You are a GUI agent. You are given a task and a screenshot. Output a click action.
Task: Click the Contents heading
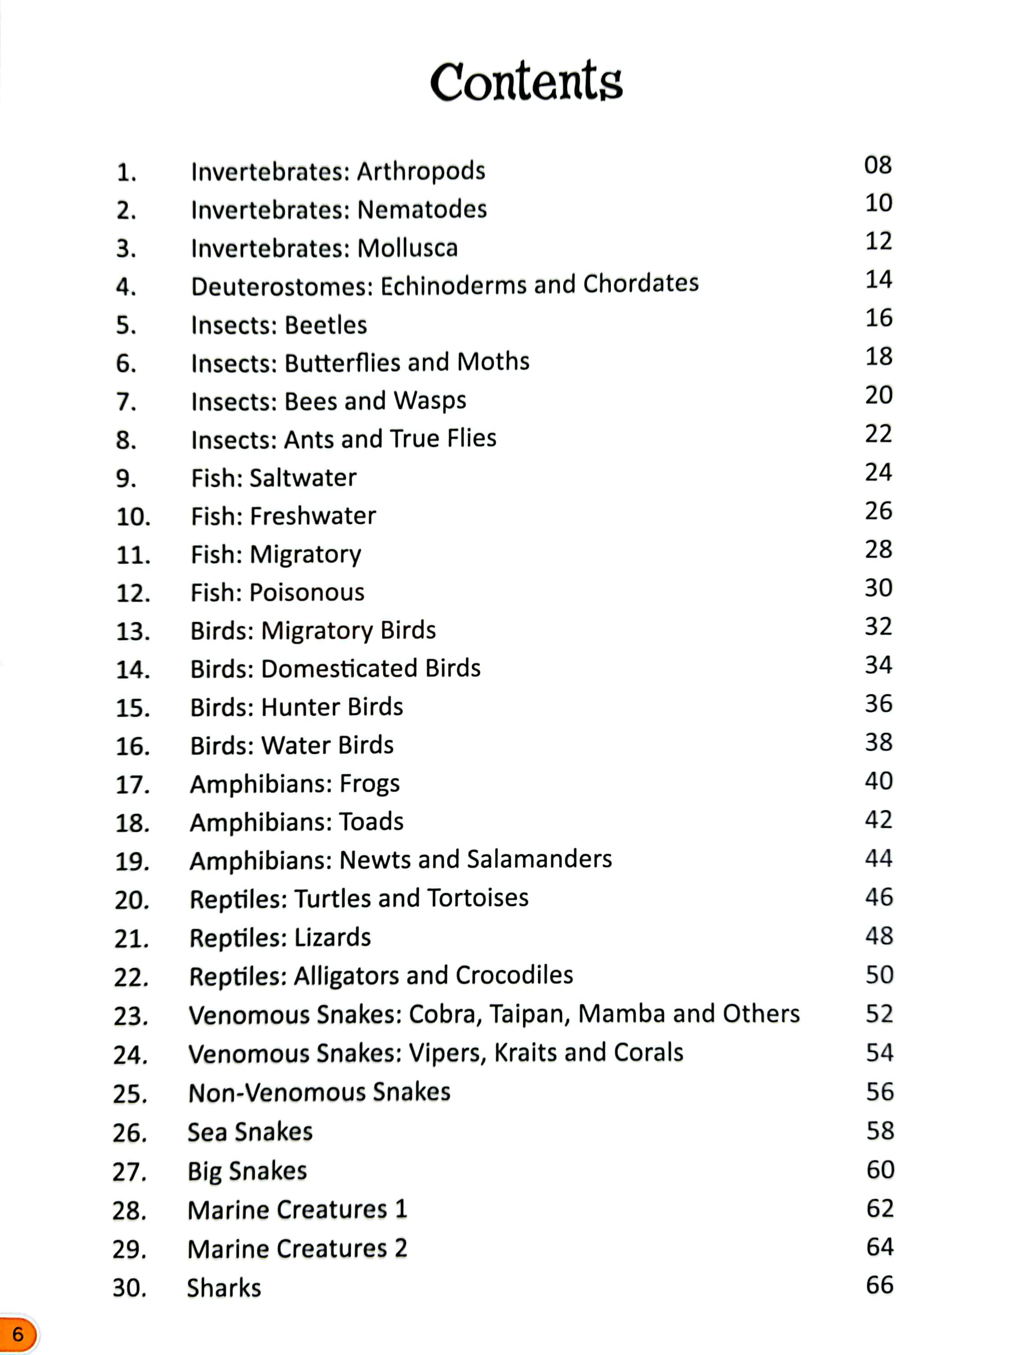point(526,81)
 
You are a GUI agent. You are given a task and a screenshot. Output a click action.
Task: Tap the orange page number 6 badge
point(19,1334)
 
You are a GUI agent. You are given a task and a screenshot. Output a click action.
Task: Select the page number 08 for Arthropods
point(878,165)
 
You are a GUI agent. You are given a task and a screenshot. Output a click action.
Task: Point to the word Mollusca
point(407,248)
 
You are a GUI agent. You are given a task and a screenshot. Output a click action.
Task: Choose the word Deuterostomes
point(282,286)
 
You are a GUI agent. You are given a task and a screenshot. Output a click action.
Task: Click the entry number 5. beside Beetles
point(126,325)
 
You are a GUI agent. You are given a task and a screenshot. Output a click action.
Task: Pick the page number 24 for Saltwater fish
point(878,472)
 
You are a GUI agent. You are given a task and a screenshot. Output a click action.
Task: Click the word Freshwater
point(313,516)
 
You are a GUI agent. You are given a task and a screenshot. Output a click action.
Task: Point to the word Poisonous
point(307,592)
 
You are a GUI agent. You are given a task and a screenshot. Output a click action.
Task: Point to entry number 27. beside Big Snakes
point(129,1172)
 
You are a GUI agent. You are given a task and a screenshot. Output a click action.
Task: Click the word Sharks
point(223,1288)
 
